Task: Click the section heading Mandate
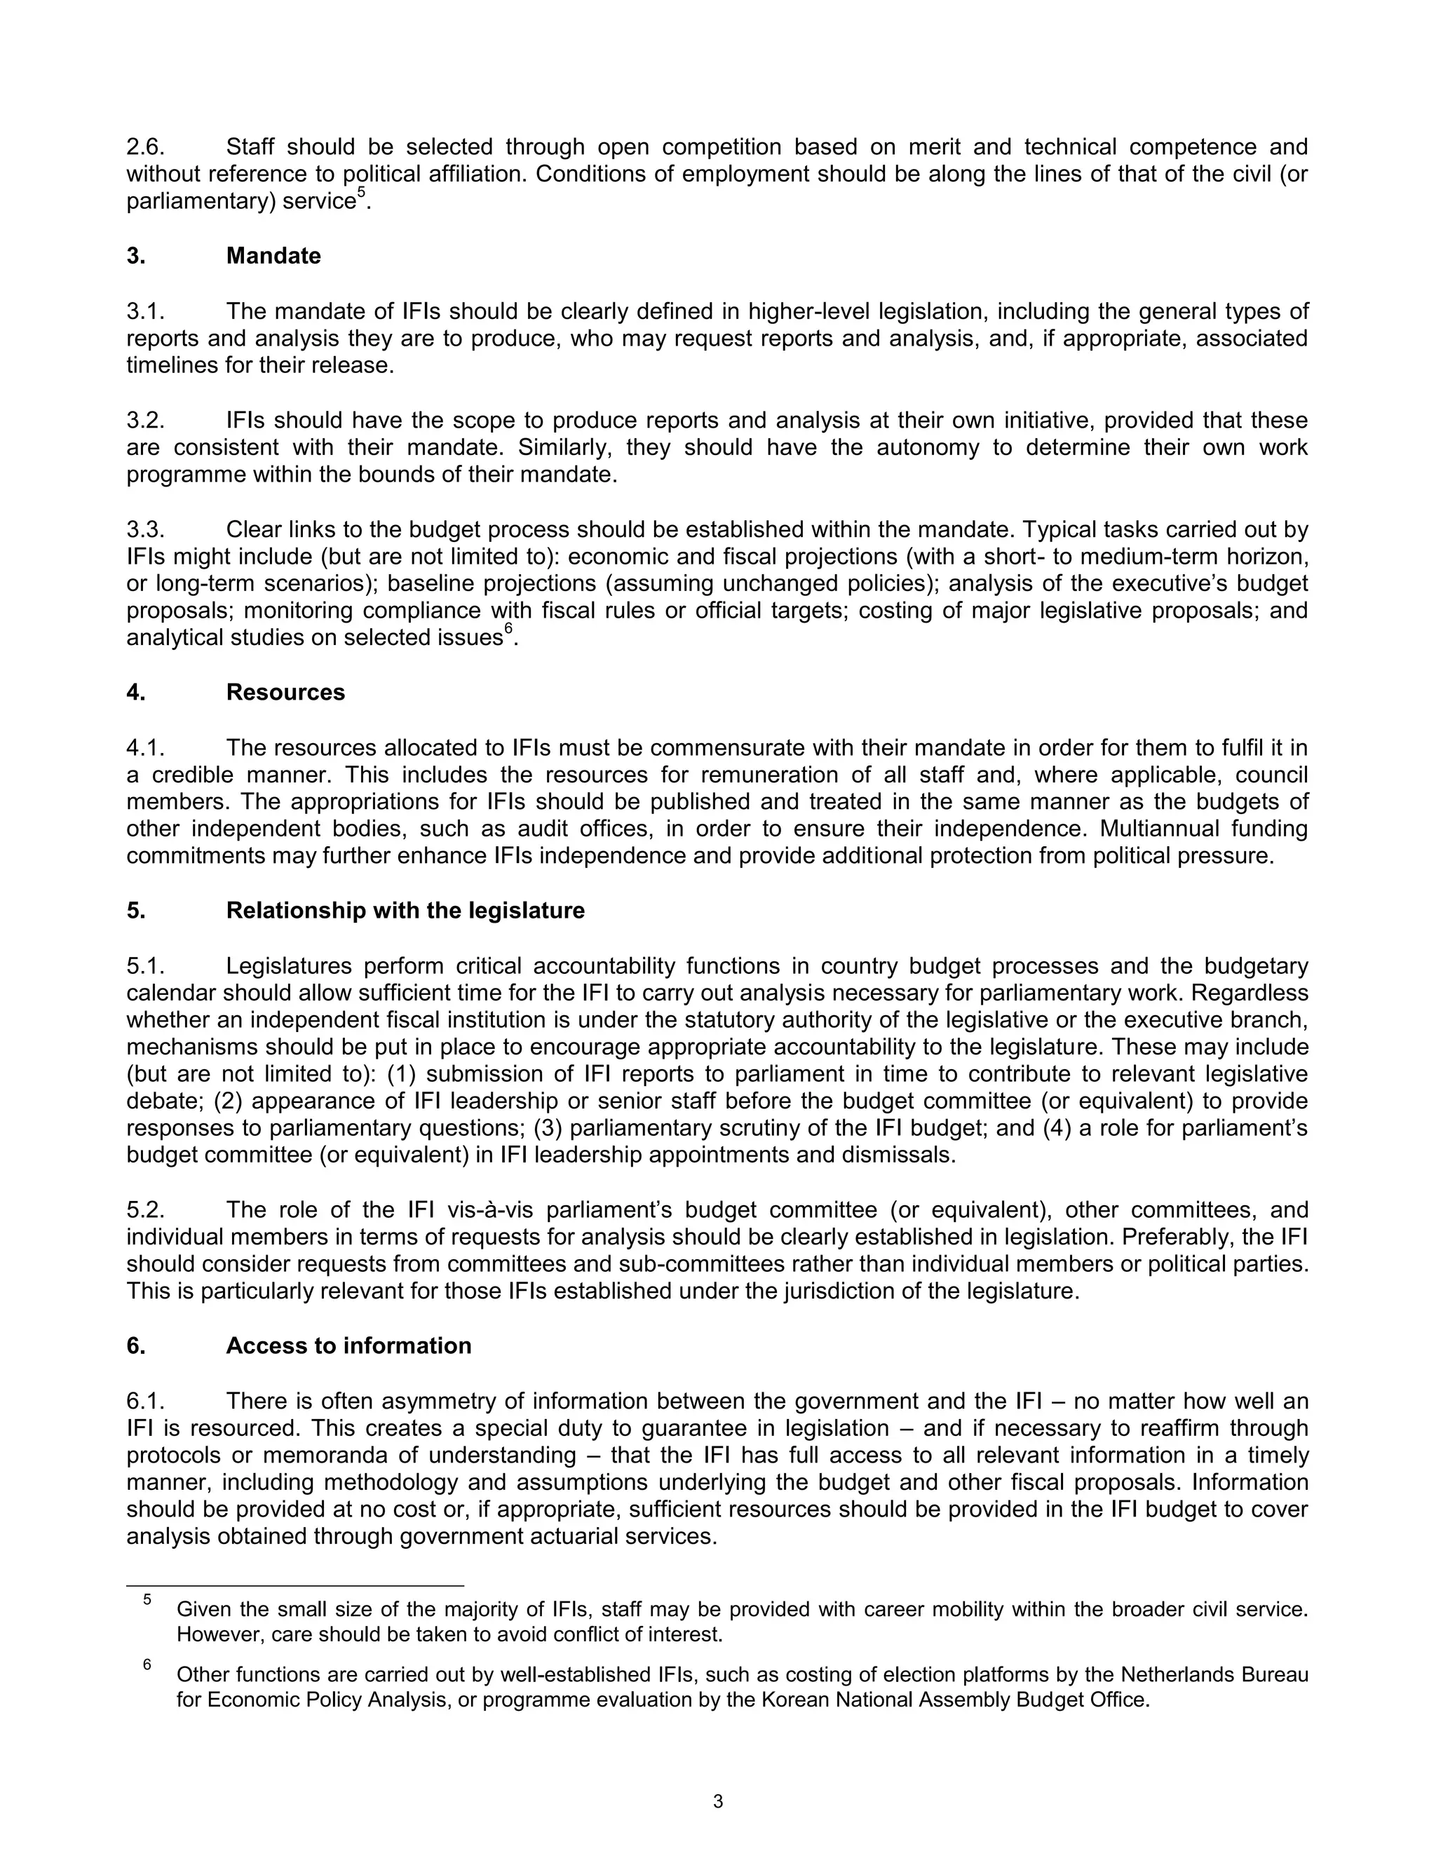[x=273, y=256]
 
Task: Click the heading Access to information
[x=348, y=1346]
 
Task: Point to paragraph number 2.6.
[x=144, y=147]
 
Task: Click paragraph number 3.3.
[x=144, y=529]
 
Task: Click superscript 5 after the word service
[x=360, y=195]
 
